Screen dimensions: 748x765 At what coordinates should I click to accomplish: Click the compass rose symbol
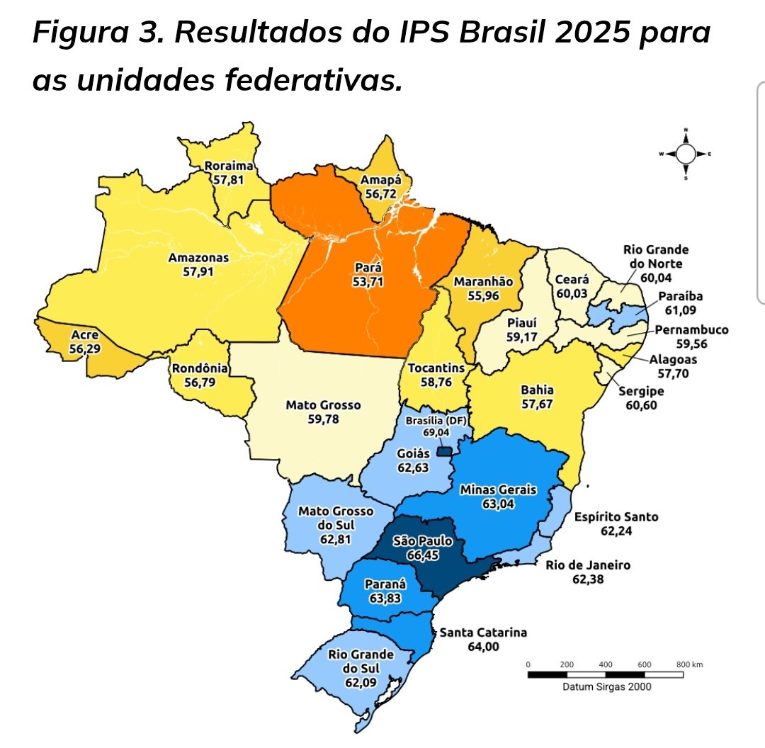(686, 154)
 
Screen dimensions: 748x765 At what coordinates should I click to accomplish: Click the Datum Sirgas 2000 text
(607, 686)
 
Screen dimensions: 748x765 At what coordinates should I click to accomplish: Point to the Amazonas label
(198, 258)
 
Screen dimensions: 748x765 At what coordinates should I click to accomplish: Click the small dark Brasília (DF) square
(444, 452)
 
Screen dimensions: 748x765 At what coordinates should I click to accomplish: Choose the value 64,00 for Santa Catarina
(482, 646)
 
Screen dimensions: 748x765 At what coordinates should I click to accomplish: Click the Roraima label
(228, 166)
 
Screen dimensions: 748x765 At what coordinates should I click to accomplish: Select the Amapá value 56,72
(380, 193)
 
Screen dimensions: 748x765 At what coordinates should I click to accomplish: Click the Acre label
(85, 334)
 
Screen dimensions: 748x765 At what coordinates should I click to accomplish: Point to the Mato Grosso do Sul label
(336, 518)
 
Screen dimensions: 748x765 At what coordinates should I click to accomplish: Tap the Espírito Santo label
(616, 516)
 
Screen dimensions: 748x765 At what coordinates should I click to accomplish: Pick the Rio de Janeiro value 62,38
(588, 579)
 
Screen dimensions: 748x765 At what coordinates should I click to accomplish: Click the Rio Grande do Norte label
(656, 256)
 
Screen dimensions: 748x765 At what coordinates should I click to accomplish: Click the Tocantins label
(436, 368)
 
